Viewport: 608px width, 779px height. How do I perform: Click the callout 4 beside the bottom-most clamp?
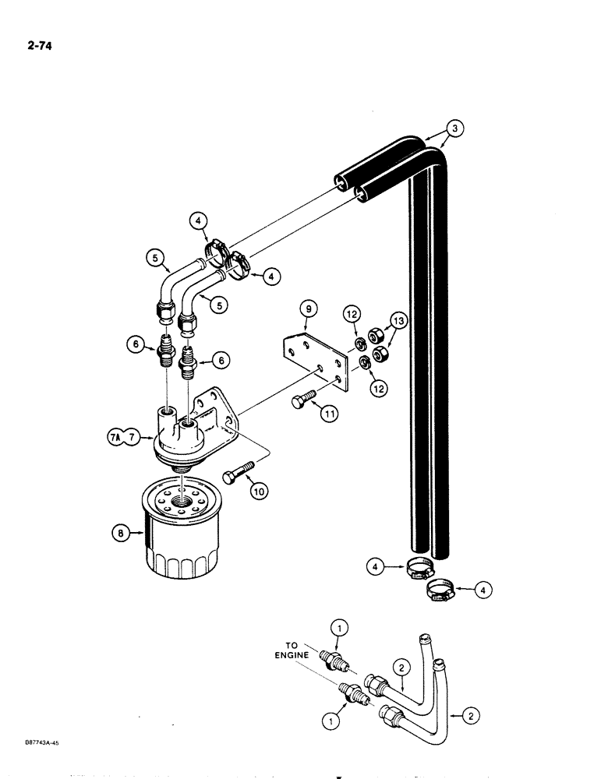click(x=484, y=591)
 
